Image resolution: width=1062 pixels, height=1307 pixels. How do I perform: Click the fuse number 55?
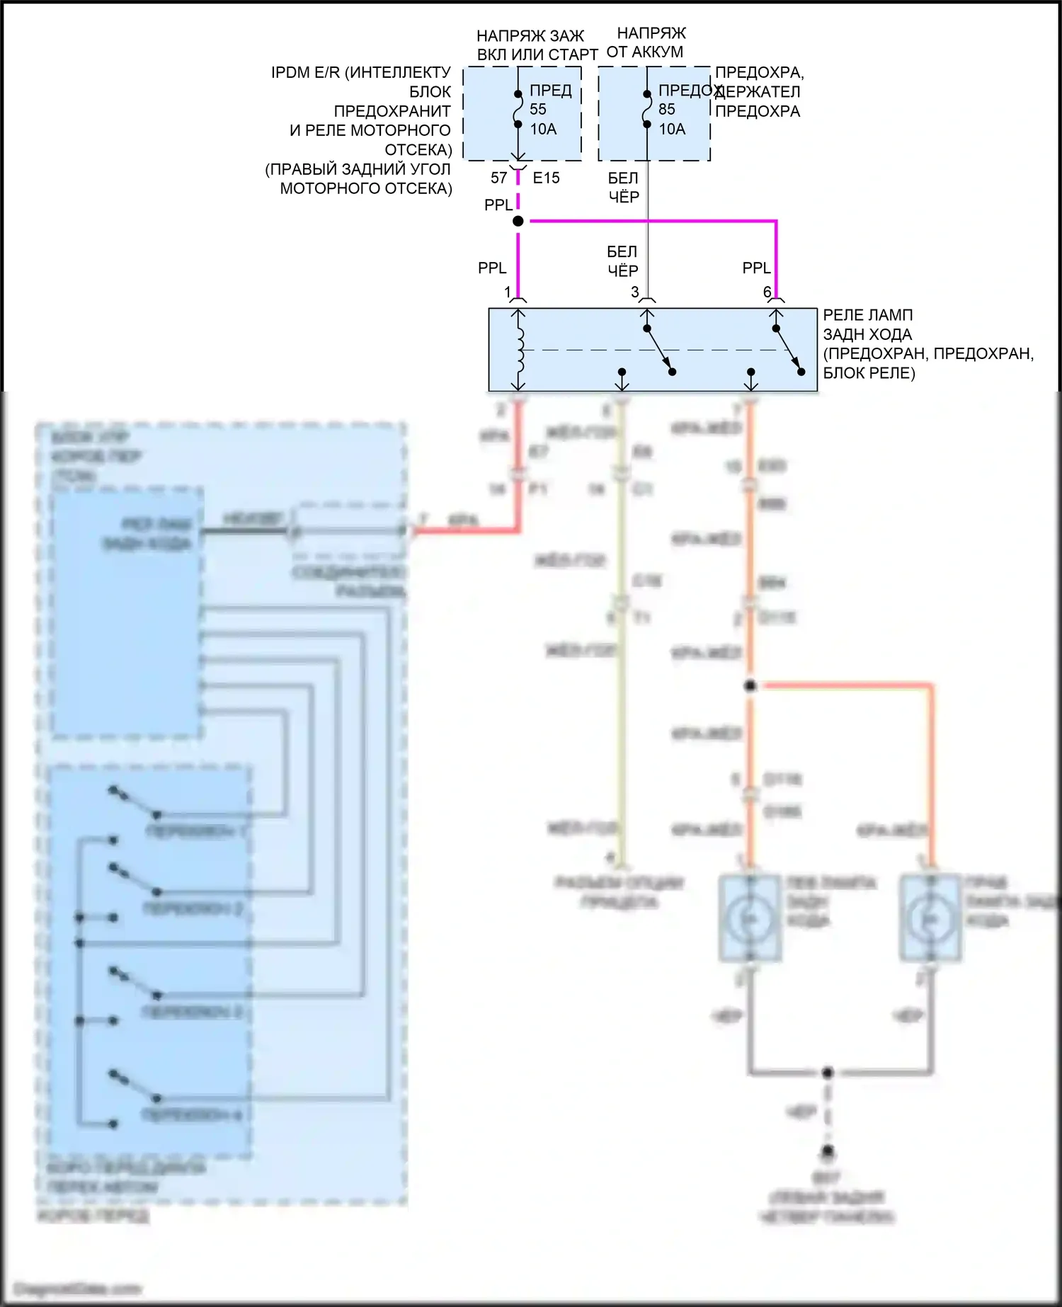tap(538, 110)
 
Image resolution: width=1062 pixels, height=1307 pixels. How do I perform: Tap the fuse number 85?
tap(667, 110)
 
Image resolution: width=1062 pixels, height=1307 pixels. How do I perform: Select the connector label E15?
tap(546, 178)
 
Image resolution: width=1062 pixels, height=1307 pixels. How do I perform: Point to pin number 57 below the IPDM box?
tap(499, 178)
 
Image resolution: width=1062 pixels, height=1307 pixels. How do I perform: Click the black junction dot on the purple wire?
tap(518, 221)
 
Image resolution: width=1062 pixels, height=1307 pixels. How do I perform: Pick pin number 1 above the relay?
tap(508, 292)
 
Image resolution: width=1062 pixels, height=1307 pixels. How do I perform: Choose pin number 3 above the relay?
tap(635, 292)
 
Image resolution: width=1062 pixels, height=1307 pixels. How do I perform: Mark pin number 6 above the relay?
tap(767, 292)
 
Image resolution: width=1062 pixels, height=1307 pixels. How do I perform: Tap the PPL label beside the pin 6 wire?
tap(756, 268)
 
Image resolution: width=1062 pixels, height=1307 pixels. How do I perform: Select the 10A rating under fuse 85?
tap(672, 129)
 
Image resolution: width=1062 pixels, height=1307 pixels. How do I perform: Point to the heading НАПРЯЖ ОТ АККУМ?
tap(651, 42)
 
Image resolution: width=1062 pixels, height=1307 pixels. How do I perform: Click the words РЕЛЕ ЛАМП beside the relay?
tap(867, 315)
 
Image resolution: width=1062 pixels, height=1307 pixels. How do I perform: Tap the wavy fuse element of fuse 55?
tap(518, 109)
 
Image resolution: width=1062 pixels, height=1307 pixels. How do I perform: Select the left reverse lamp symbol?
tap(750, 918)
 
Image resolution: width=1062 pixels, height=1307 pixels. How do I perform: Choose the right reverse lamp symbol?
tap(930, 918)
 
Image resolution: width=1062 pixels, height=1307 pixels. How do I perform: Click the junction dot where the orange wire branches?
tap(750, 685)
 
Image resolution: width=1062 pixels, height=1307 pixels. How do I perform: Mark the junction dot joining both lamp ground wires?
tap(827, 1073)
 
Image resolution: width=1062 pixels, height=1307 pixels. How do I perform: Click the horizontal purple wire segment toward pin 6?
tap(651, 221)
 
